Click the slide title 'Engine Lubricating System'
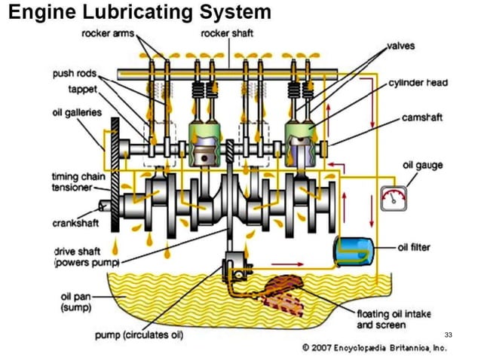(x=139, y=13)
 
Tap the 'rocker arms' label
(x=107, y=33)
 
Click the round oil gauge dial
(x=393, y=198)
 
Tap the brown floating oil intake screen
(x=283, y=293)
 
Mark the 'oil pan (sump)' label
(x=75, y=301)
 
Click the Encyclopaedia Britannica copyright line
(x=375, y=347)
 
